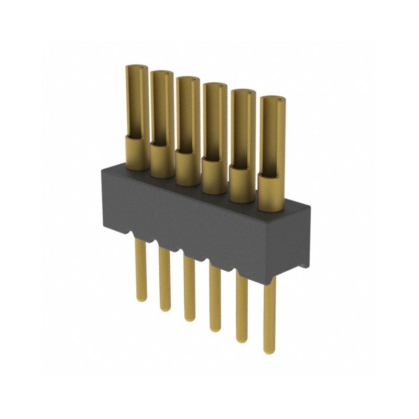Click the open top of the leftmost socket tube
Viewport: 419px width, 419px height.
pos(137,68)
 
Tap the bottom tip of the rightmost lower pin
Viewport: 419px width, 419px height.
pos(270,350)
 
